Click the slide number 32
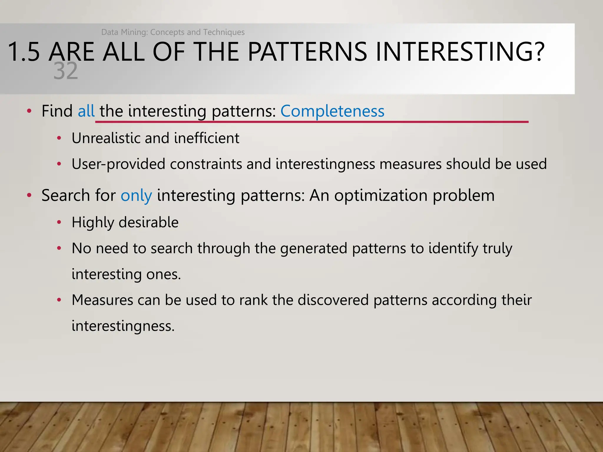66,71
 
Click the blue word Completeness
332,111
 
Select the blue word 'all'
86,111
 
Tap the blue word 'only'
136,196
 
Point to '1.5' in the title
24,52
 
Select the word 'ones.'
163,274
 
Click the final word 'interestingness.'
123,326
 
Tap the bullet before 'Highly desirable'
59,222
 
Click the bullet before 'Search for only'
29,195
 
